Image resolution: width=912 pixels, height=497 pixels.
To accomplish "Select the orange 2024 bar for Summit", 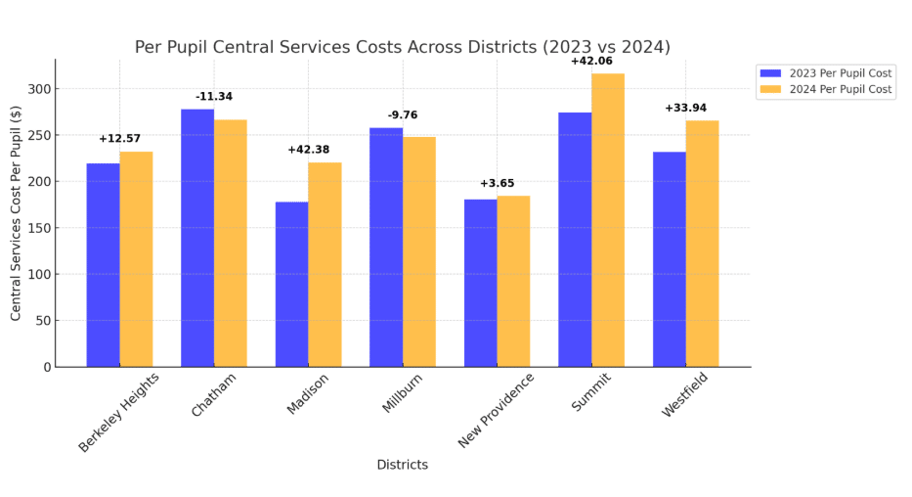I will (608, 220).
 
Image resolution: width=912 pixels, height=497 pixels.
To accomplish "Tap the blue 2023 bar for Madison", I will (291, 284).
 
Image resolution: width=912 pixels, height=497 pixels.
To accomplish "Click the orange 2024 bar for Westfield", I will (702, 244).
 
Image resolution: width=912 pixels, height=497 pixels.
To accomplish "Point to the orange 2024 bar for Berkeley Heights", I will (136, 258).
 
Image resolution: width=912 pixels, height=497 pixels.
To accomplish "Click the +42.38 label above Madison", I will (308, 150).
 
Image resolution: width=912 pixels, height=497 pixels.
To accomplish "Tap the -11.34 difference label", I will (214, 97).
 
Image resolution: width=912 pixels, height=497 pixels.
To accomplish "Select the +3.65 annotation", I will (497, 183).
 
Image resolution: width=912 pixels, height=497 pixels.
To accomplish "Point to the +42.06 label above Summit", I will (591, 61).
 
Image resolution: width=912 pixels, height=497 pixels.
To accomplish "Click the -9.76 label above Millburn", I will (403, 115).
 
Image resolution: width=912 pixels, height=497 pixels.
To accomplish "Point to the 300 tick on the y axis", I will (40, 89).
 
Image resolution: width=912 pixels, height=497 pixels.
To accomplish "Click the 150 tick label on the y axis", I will (40, 228).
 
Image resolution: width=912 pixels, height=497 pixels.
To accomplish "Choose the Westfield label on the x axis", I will (684, 395).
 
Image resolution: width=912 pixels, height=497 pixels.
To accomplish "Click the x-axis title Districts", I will (402, 465).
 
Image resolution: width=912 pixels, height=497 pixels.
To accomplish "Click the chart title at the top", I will (402, 47).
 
